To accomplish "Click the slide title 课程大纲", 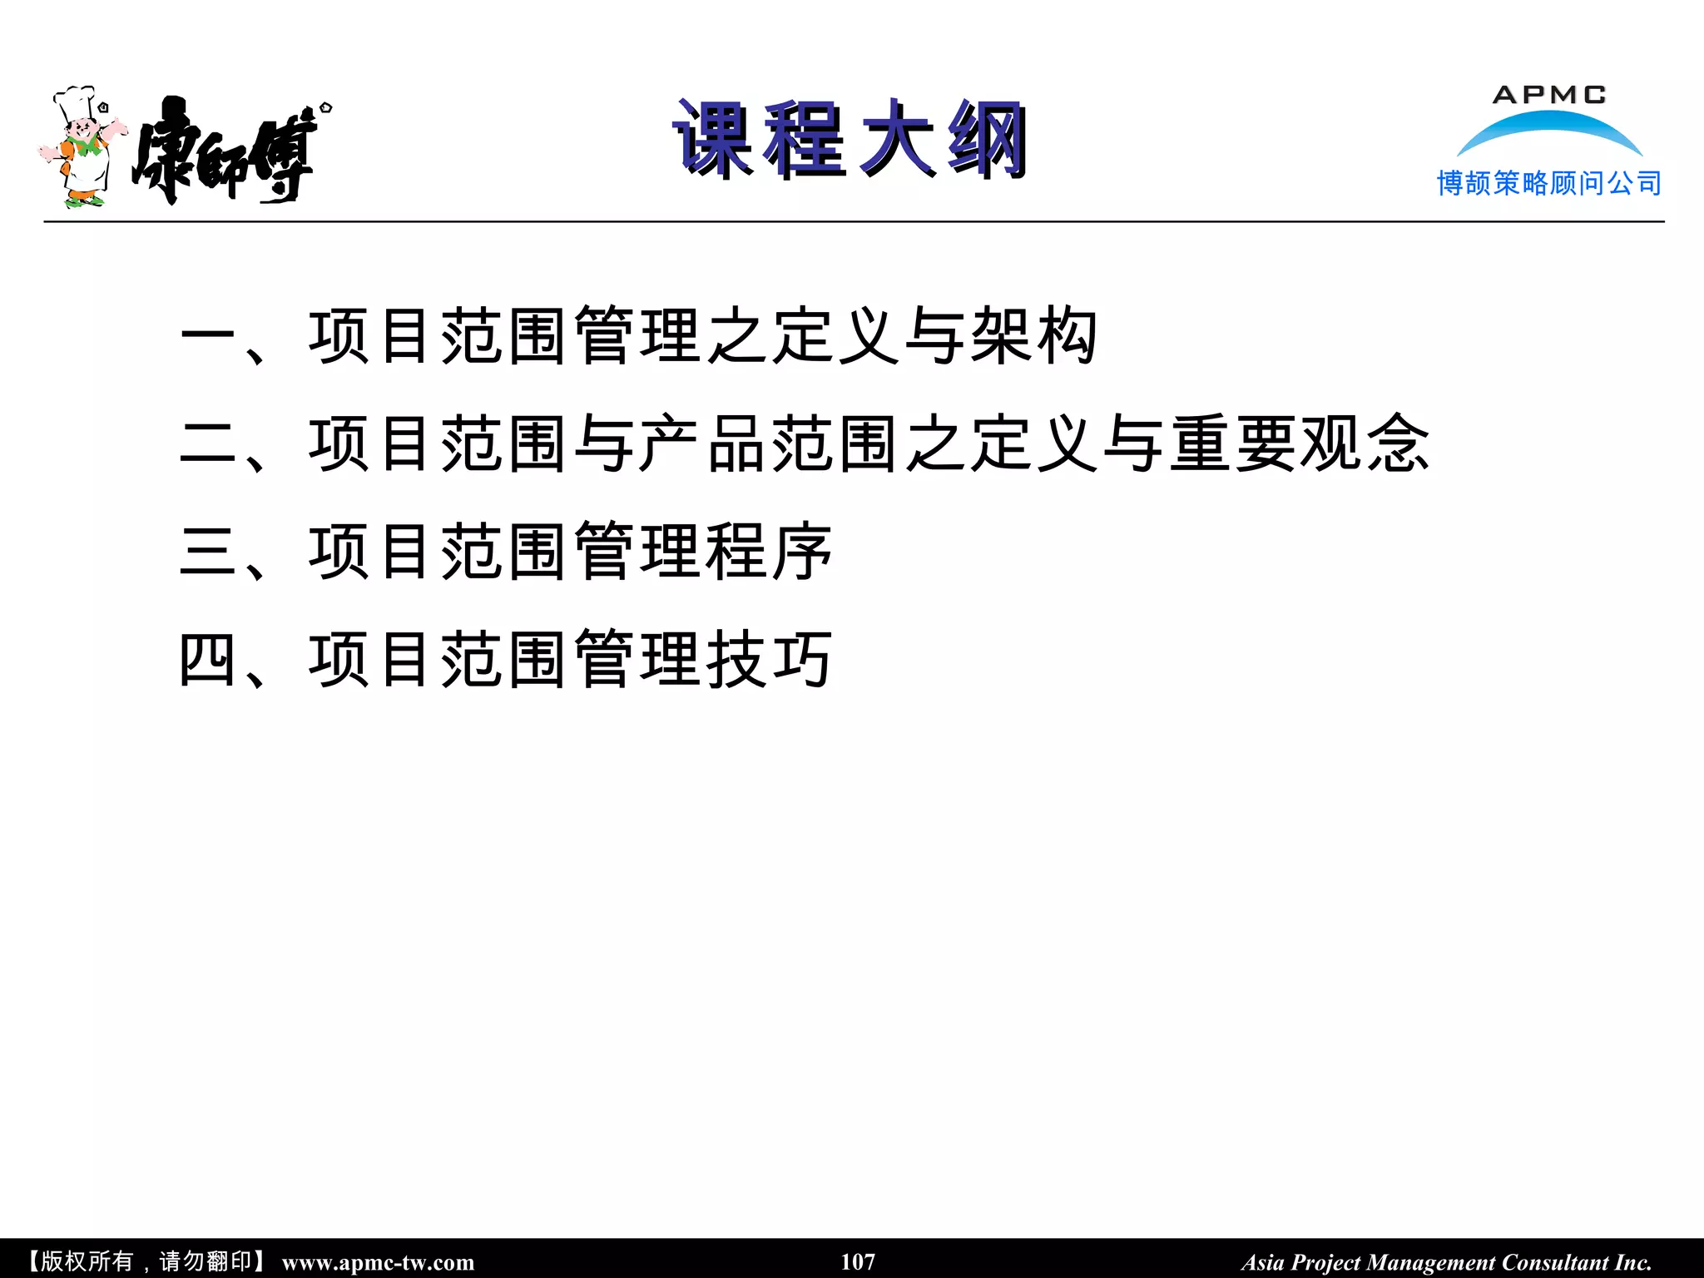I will click(850, 140).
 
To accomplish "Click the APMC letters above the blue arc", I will click(1548, 95).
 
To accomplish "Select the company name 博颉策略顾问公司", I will click(1548, 183).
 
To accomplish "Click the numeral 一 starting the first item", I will click(209, 336).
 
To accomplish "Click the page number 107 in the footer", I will click(858, 1261).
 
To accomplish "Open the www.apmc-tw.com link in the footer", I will click(378, 1262).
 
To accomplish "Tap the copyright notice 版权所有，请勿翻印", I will click(146, 1261).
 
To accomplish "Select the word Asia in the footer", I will click(1263, 1262).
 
